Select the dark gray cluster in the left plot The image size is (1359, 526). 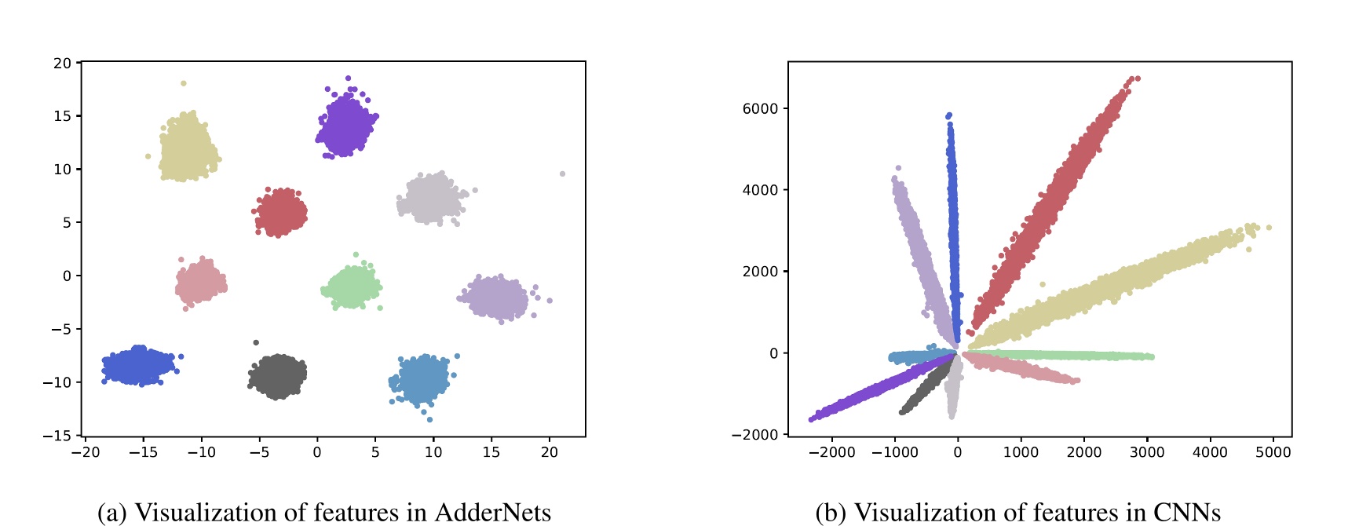click(x=278, y=376)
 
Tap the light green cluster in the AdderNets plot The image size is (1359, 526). click(x=353, y=287)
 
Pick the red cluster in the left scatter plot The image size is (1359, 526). click(x=280, y=213)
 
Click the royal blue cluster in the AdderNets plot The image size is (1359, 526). click(x=139, y=365)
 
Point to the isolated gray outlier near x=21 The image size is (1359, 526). click(x=562, y=174)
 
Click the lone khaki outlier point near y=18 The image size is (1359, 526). click(x=184, y=83)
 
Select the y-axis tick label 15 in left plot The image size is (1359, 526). click(x=62, y=116)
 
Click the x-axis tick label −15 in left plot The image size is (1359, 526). click(x=142, y=452)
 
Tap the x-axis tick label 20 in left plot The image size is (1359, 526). click(x=550, y=452)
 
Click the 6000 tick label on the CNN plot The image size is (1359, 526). click(x=760, y=108)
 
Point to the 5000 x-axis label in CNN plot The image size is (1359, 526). click(x=1273, y=452)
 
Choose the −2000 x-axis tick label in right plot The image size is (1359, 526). click(x=831, y=452)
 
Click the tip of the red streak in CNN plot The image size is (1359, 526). click(x=1135, y=79)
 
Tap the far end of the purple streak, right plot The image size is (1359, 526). click(x=812, y=419)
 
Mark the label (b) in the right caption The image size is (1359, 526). click(x=831, y=513)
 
